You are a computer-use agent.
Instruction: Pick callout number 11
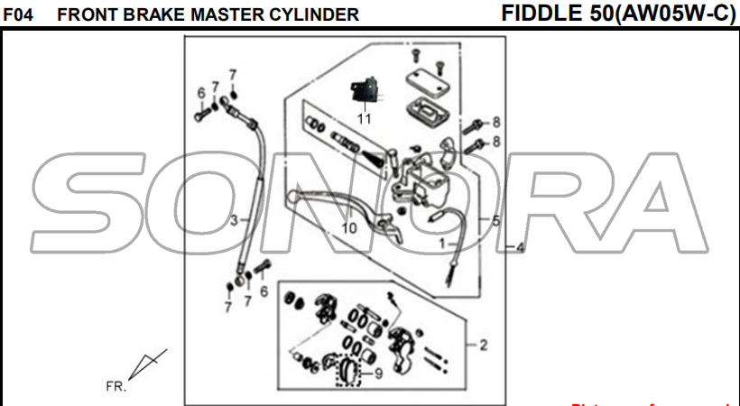coord(364,118)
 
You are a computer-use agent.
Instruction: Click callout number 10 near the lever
coord(349,228)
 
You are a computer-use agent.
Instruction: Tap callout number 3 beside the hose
coord(233,220)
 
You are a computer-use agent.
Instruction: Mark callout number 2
coord(484,345)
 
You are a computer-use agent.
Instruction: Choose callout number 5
coord(496,220)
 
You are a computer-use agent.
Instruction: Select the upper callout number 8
coord(495,122)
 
